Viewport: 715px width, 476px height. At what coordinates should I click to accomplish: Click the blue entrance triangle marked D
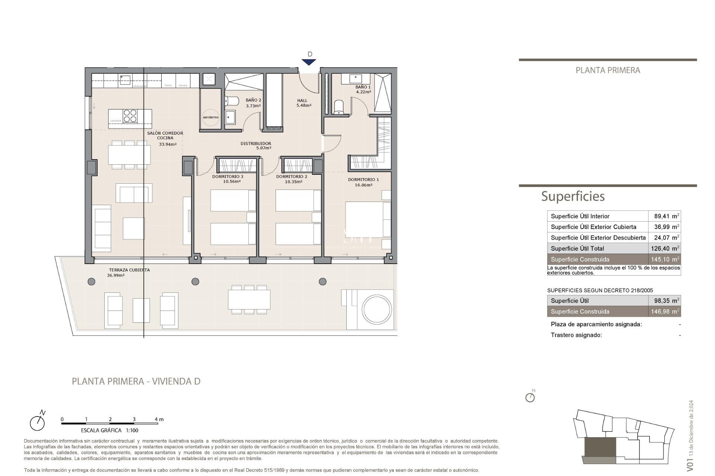pyautogui.click(x=309, y=62)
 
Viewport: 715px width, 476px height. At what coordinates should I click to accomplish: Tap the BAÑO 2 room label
pyautogui.click(x=253, y=100)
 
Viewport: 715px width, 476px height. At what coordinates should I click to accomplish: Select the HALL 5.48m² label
pyautogui.click(x=303, y=103)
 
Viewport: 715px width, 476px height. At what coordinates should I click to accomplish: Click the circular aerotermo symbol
pyautogui.click(x=211, y=117)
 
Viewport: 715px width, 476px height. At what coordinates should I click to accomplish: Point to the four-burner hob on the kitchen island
pyautogui.click(x=130, y=116)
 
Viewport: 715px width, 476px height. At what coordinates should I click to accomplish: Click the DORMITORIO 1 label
pyautogui.click(x=363, y=180)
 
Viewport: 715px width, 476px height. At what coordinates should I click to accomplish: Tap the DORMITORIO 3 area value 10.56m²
pyautogui.click(x=232, y=182)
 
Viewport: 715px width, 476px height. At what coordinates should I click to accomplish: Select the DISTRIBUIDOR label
pyautogui.click(x=255, y=144)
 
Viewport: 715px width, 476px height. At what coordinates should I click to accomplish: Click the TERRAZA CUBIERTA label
pyautogui.click(x=129, y=270)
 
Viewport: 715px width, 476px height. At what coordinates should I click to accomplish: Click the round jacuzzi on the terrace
pyautogui.click(x=376, y=309)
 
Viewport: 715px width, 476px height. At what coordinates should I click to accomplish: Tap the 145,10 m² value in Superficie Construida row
pyautogui.click(x=665, y=260)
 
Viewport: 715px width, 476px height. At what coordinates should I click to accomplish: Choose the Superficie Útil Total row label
pyautogui.click(x=577, y=248)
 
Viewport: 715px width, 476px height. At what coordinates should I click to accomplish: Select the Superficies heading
pyautogui.click(x=572, y=196)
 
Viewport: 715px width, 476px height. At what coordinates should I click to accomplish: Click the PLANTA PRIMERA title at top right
pyautogui.click(x=607, y=70)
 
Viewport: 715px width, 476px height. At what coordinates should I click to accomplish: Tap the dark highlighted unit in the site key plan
pyautogui.click(x=600, y=447)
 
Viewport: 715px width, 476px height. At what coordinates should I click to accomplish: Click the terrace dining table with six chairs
pyautogui.click(x=249, y=300)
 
